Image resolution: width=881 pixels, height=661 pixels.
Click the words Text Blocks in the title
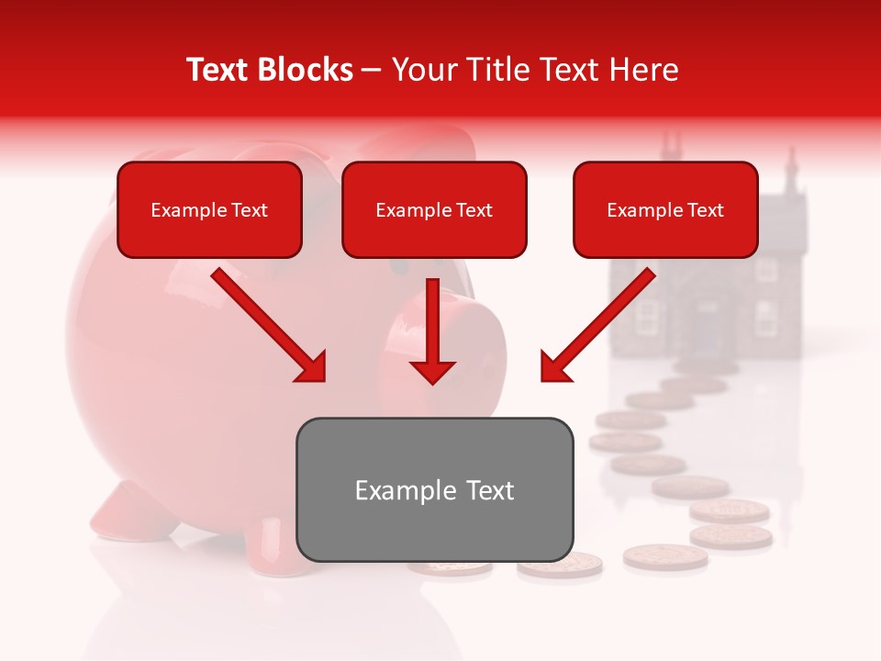[x=270, y=70]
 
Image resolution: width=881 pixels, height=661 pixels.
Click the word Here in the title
[x=646, y=70]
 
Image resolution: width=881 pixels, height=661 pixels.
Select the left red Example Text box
[x=209, y=210]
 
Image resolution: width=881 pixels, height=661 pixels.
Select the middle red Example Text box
[x=434, y=210]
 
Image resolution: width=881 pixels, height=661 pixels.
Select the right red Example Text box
[x=665, y=210]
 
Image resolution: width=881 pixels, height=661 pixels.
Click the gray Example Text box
[x=434, y=489]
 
